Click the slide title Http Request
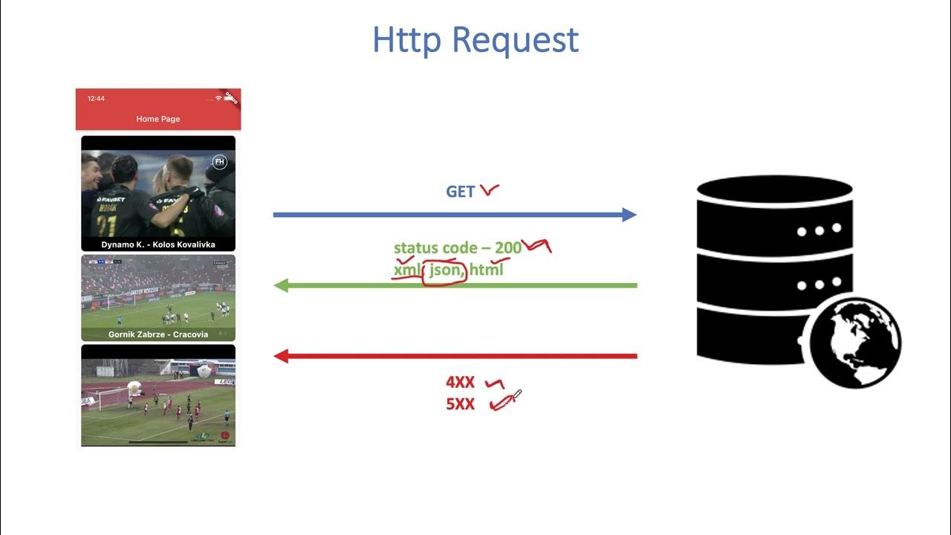pyautogui.click(x=475, y=40)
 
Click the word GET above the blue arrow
pyautogui.click(x=460, y=192)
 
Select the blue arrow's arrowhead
pyautogui.click(x=629, y=215)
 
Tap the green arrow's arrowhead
pyautogui.click(x=282, y=285)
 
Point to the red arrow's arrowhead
pyautogui.click(x=282, y=356)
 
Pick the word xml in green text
pyautogui.click(x=406, y=270)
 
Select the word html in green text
pyautogui.click(x=487, y=270)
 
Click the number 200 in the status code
pyautogui.click(x=508, y=248)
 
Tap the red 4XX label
pyautogui.click(x=460, y=383)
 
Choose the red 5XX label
pyautogui.click(x=460, y=405)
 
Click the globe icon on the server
pyautogui.click(x=854, y=341)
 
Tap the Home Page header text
pyautogui.click(x=158, y=119)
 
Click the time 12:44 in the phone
pyautogui.click(x=96, y=99)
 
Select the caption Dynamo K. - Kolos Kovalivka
pyautogui.click(x=158, y=244)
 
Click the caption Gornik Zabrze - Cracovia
pyautogui.click(x=158, y=334)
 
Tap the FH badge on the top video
pyautogui.click(x=219, y=162)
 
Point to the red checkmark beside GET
pyautogui.click(x=489, y=191)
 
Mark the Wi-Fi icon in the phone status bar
pyautogui.click(x=218, y=99)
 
